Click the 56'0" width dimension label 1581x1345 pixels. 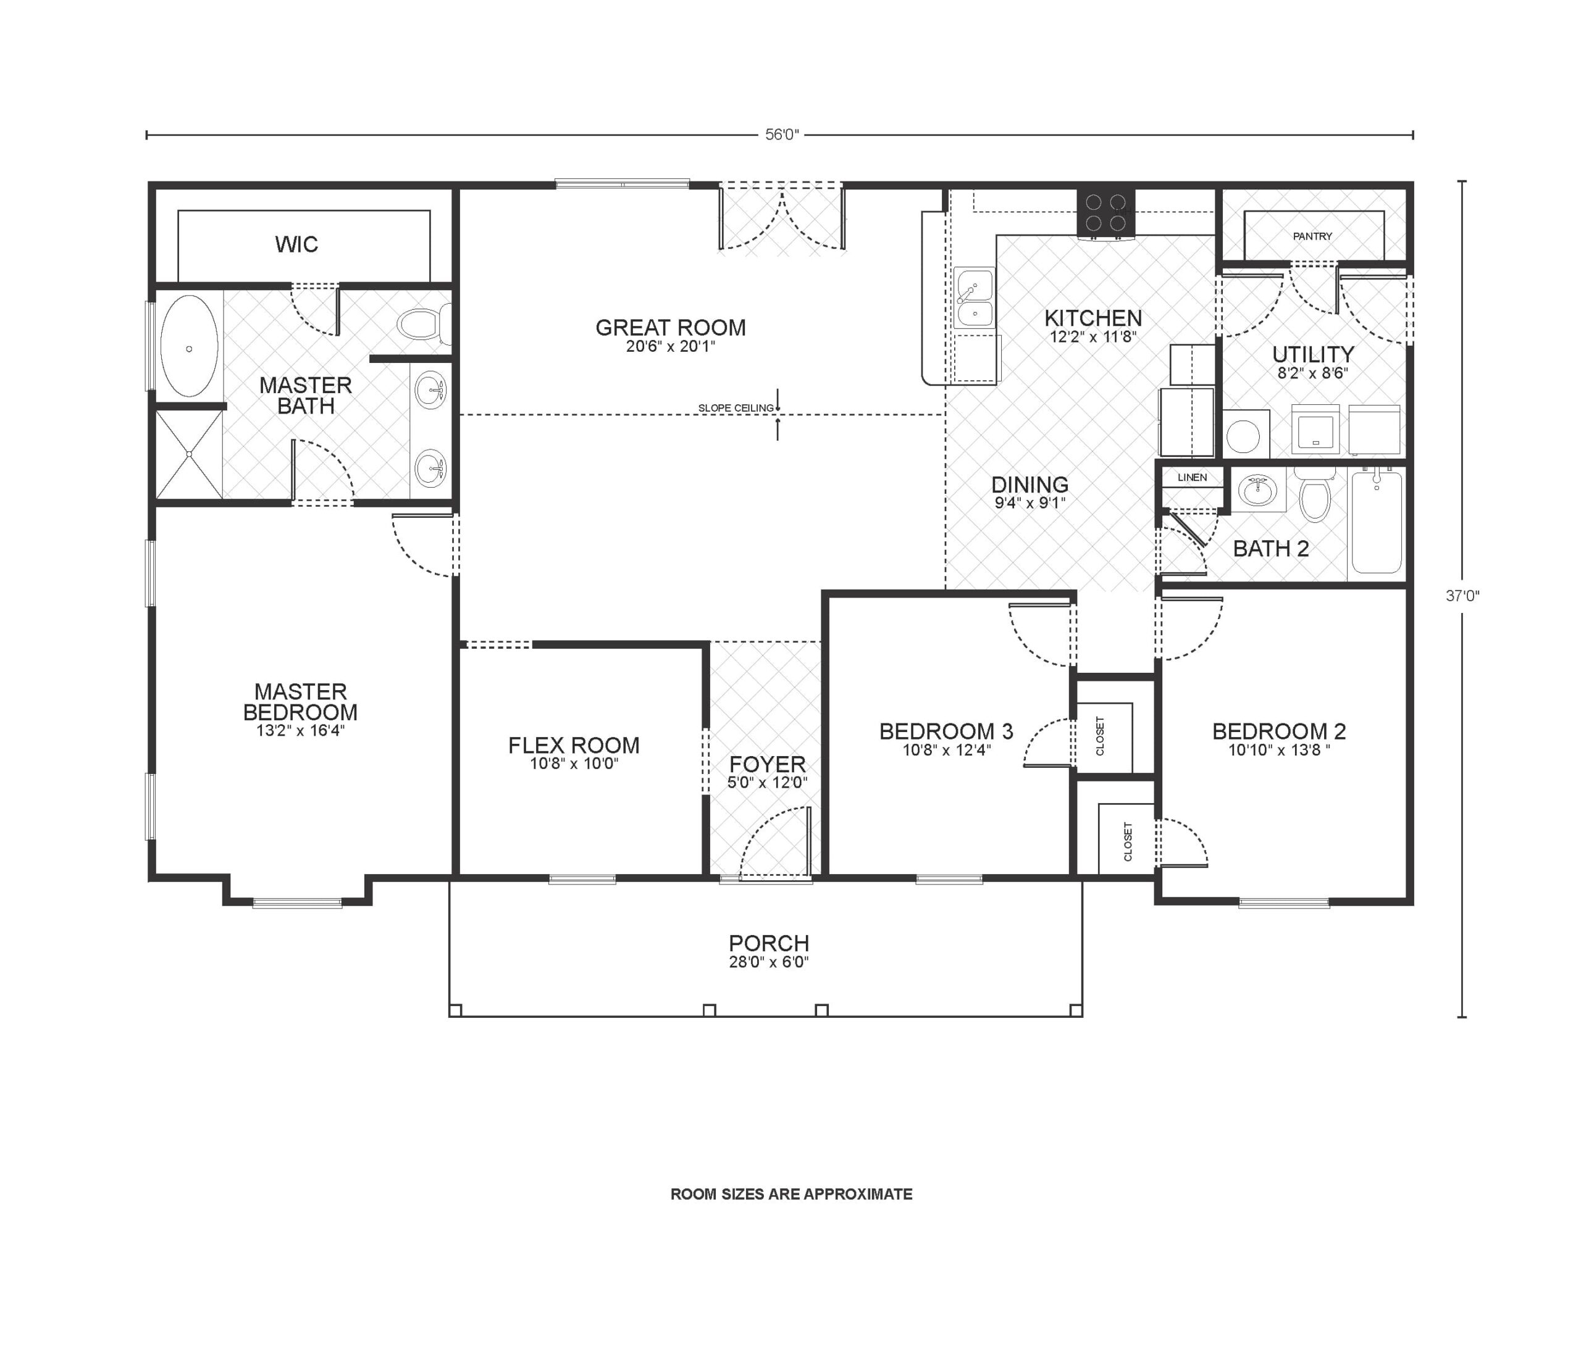(x=781, y=135)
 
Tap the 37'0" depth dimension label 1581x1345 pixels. (x=1461, y=596)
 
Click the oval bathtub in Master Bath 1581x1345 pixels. (x=189, y=346)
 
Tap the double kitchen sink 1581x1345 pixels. (x=974, y=298)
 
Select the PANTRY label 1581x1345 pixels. (x=1312, y=236)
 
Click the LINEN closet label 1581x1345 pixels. (x=1191, y=477)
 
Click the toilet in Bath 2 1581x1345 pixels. (x=1314, y=496)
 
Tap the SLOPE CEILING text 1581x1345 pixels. (x=735, y=408)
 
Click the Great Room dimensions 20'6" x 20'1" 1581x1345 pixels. (x=670, y=347)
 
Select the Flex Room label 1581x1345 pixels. (x=574, y=745)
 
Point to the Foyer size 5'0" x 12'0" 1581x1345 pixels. (x=766, y=782)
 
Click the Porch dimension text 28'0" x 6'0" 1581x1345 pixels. (x=768, y=962)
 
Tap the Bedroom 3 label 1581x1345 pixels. (x=946, y=731)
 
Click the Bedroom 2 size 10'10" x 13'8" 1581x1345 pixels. (x=1278, y=750)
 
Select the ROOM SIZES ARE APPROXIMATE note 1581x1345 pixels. (x=791, y=1194)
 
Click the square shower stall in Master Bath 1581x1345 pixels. (x=188, y=454)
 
